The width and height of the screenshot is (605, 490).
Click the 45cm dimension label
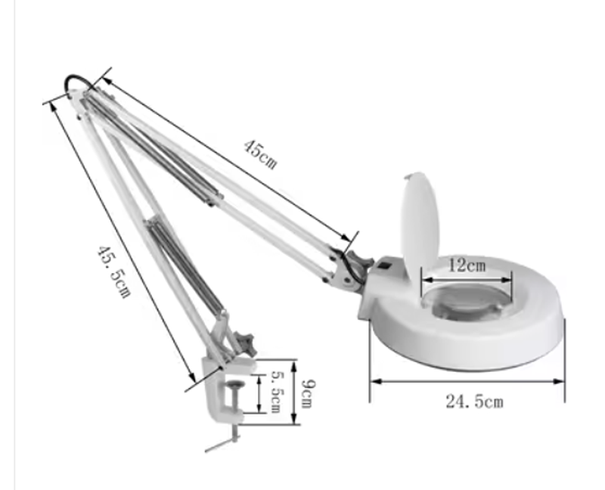260,155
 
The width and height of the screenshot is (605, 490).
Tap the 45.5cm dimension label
113,271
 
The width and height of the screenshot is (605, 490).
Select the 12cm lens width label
467,265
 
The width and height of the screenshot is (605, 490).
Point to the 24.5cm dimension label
475,402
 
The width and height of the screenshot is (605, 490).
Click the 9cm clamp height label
308,394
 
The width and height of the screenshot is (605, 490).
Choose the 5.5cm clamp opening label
275,392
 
